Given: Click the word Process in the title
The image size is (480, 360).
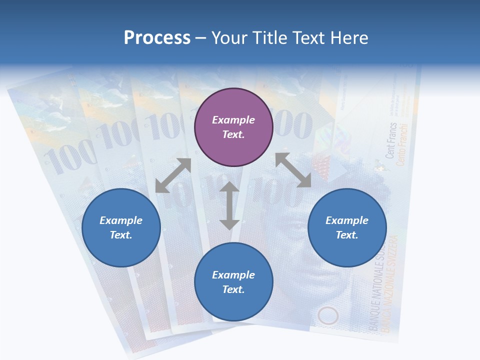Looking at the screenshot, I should (x=157, y=38).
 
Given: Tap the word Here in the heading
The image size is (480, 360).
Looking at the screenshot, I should (x=349, y=38).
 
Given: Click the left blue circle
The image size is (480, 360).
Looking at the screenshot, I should (x=121, y=227).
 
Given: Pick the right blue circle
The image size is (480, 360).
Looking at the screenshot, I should (x=347, y=227).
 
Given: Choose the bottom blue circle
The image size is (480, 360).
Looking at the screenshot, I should (x=233, y=282).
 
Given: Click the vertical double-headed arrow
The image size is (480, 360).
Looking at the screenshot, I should (x=229, y=206).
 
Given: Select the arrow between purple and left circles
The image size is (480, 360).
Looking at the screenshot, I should (x=173, y=175).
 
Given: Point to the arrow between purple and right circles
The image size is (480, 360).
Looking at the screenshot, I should (x=293, y=170).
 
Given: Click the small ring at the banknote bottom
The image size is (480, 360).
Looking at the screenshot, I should (x=328, y=316).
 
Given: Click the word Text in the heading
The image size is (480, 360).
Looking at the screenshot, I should (x=305, y=38).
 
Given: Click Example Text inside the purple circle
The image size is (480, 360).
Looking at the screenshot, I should (x=233, y=127).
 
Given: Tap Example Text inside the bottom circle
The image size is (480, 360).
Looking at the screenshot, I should (x=233, y=282).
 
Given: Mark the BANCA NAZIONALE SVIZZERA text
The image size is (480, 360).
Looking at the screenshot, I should (x=391, y=285).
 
